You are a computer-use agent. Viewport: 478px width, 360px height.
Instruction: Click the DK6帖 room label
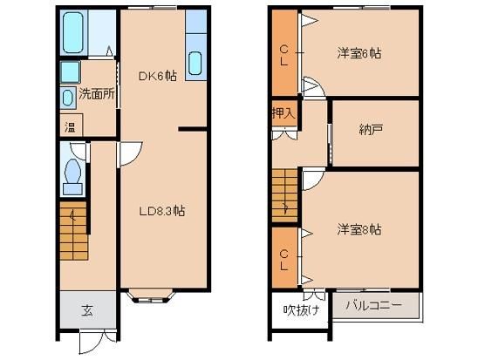[157, 76]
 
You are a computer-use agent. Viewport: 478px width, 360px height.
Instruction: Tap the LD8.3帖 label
[162, 211]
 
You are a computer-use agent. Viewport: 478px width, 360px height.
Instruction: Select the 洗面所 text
[97, 94]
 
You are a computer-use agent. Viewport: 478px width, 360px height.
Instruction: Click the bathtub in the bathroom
[73, 32]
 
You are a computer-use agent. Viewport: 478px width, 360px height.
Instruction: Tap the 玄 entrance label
[87, 310]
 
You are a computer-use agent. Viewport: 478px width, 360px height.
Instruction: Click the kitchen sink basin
[195, 64]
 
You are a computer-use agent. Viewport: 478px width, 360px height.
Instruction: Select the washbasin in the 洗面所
[68, 98]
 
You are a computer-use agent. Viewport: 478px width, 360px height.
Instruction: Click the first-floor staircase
[74, 231]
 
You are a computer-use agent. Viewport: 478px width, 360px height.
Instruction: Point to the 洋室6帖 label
[359, 53]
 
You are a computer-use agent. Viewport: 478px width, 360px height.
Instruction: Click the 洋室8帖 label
[359, 229]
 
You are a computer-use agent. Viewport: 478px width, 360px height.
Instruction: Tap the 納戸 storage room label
[371, 130]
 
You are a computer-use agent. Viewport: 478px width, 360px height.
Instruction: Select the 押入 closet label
[283, 113]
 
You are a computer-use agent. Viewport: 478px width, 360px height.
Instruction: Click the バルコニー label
[373, 305]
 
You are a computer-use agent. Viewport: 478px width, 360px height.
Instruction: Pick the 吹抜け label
[301, 310]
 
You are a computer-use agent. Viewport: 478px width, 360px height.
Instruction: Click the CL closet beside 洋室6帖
[284, 52]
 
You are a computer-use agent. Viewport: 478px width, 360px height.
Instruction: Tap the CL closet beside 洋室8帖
[284, 257]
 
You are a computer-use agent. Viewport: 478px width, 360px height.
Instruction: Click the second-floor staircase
[284, 195]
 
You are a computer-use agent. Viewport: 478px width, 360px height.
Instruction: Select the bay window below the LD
[151, 295]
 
